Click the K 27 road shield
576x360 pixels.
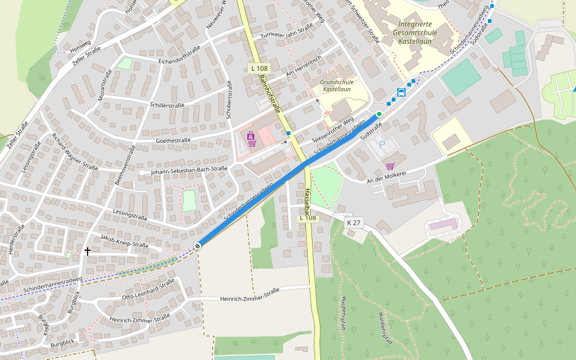point(354,222)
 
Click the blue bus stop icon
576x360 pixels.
point(401,92)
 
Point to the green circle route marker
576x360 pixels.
point(379,113)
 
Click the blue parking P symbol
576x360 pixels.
point(382,145)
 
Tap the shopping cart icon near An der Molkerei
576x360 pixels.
point(390,166)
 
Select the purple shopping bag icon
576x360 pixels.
point(251,136)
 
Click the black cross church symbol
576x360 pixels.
point(88,251)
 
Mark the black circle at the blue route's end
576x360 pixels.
point(197,246)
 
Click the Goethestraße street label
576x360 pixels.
point(173,140)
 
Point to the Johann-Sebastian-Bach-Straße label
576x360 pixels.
point(189,170)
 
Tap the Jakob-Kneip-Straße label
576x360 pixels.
point(124,241)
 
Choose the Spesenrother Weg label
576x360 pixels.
point(333,131)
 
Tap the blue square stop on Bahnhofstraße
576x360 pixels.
point(289,133)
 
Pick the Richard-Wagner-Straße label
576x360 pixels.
point(74,152)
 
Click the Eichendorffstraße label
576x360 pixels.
point(179,55)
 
